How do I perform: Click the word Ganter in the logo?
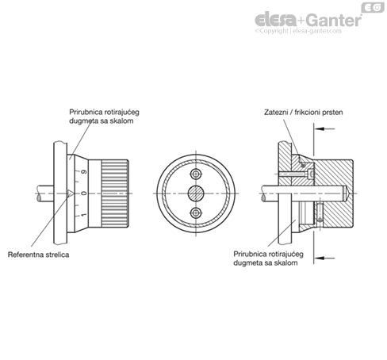pyautogui.click(x=334, y=20)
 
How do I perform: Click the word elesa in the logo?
pyautogui.click(x=276, y=20)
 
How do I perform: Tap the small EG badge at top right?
pyautogui.click(x=373, y=7)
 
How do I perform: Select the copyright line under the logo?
pyautogui.click(x=298, y=31)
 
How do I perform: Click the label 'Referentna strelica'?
pyautogui.click(x=38, y=255)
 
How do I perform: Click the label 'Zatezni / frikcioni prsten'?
pyautogui.click(x=303, y=113)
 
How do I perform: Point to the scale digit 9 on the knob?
pyautogui.click(x=84, y=172)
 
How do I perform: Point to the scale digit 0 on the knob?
pyautogui.click(x=84, y=193)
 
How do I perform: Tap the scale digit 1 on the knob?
pyautogui.click(x=84, y=215)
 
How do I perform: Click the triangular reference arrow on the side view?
pyautogui.click(x=71, y=193)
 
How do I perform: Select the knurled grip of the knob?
pyautogui.click(x=114, y=193)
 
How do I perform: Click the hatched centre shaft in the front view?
pyautogui.click(x=196, y=193)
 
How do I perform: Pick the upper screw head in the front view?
pyautogui.click(x=196, y=174)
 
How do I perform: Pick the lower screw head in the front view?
pyautogui.click(x=196, y=213)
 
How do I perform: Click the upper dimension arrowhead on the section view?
pyautogui.click(x=320, y=129)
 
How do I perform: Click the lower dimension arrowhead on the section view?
pyautogui.click(x=320, y=258)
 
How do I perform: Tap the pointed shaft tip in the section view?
pyautogui.click(x=347, y=193)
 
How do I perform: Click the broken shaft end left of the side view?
pyautogui.click(x=45, y=193)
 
